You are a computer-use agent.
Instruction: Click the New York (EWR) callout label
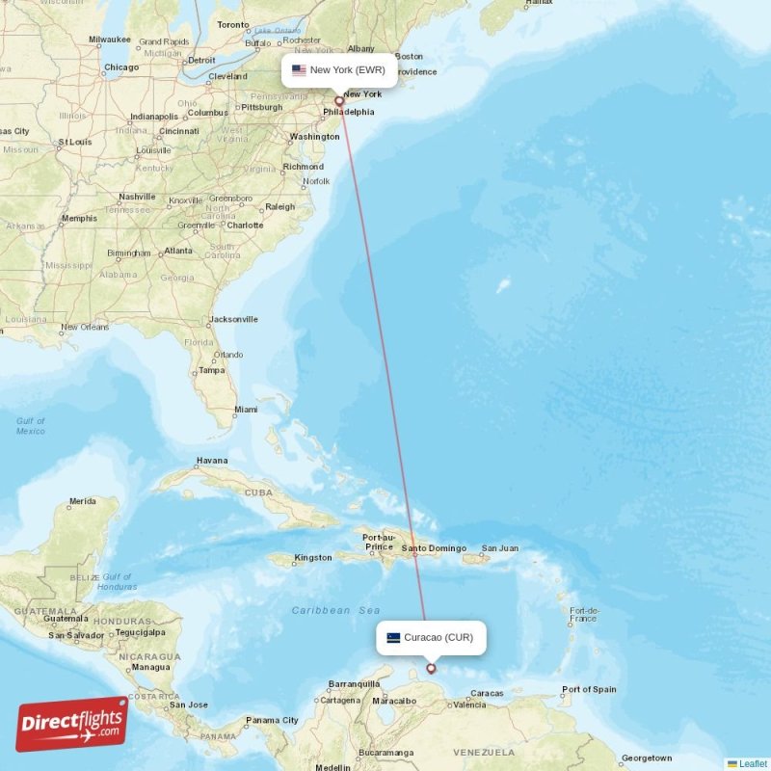pyautogui.click(x=338, y=69)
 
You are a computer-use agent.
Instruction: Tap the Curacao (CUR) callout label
pyautogui.click(x=431, y=637)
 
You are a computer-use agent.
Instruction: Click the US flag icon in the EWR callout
pyautogui.click(x=299, y=70)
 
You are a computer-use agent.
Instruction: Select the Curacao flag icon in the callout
pyautogui.click(x=393, y=637)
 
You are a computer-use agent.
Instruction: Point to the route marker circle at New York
pyautogui.click(x=338, y=100)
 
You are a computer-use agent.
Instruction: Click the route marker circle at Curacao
pyautogui.click(x=431, y=668)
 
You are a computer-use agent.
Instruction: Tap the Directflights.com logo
pyautogui.click(x=72, y=724)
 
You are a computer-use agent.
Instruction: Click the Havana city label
pyautogui.click(x=212, y=461)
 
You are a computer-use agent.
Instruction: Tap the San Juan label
pyautogui.click(x=500, y=548)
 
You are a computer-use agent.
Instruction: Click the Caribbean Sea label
pyautogui.click(x=335, y=610)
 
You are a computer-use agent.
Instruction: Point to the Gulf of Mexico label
pyautogui.click(x=30, y=426)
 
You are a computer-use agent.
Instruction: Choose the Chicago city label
pyautogui.click(x=121, y=67)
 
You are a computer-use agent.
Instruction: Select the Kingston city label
pyautogui.click(x=313, y=557)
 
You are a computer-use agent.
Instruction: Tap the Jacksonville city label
pyautogui.click(x=233, y=319)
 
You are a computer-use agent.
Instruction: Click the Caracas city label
pyautogui.click(x=488, y=693)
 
